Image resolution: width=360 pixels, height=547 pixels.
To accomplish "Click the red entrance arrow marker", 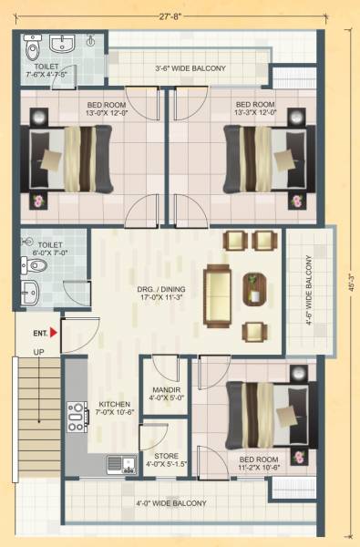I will pyautogui.click(x=54, y=334).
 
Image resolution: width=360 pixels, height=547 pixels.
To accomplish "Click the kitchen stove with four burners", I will pyautogui.click(x=77, y=416).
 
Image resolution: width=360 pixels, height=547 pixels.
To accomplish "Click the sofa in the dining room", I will pyautogui.click(x=218, y=294).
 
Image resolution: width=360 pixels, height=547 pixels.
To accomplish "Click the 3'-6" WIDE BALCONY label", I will pyautogui.click(x=190, y=67).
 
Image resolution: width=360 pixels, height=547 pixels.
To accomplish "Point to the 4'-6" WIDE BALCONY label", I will pyautogui.click(x=310, y=291).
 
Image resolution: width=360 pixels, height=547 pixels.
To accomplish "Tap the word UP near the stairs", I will pyautogui.click(x=39, y=352).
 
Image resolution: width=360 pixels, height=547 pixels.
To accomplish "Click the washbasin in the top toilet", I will pyautogui.click(x=63, y=44).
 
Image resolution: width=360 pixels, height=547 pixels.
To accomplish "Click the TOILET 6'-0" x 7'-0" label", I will pyautogui.click(x=49, y=250).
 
